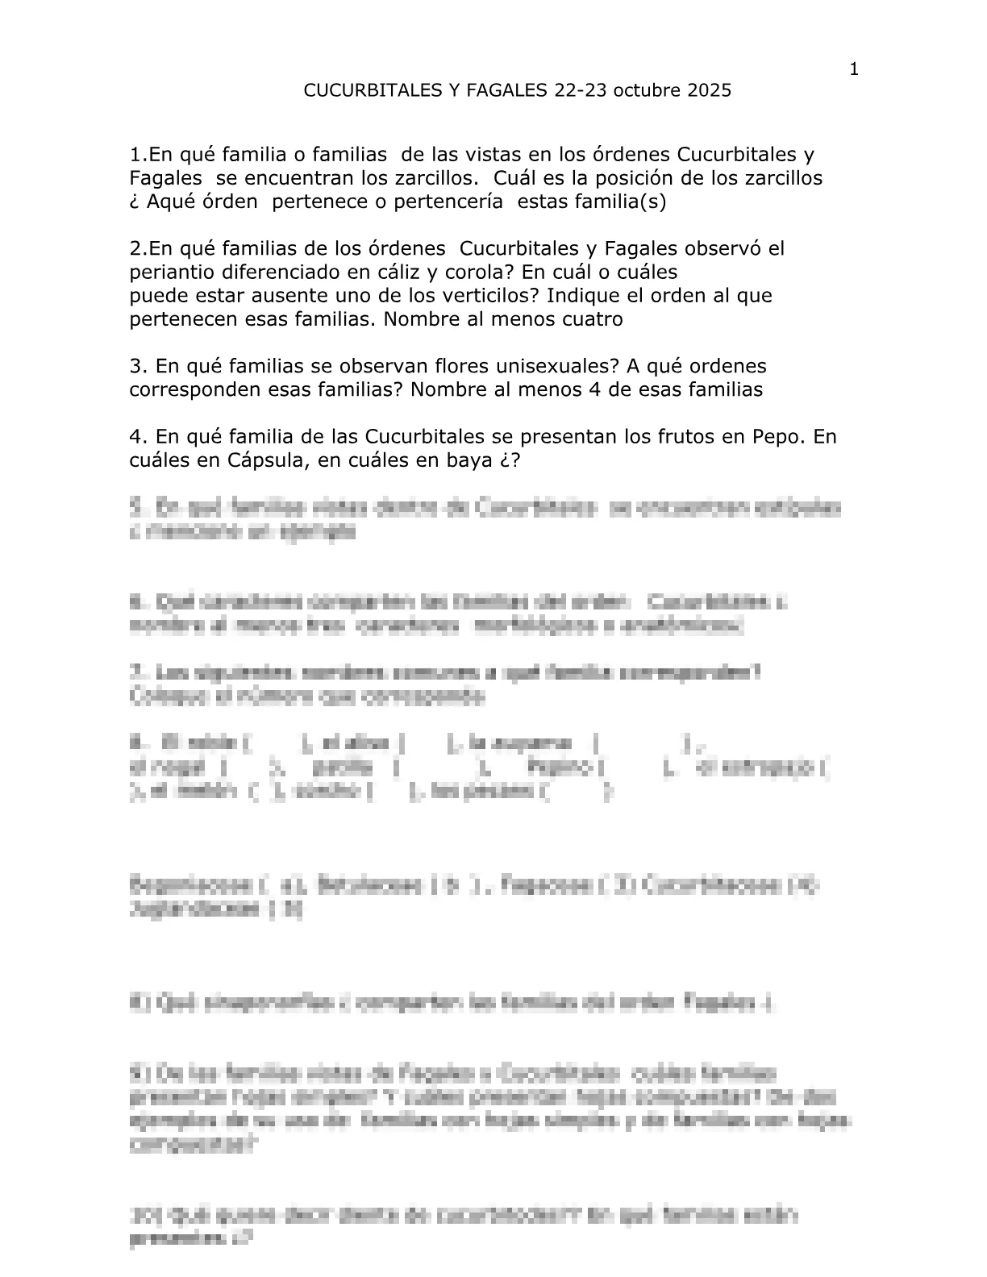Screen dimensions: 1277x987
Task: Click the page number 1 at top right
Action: click(x=855, y=69)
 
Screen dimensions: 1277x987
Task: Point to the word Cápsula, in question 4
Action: click(x=258, y=461)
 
